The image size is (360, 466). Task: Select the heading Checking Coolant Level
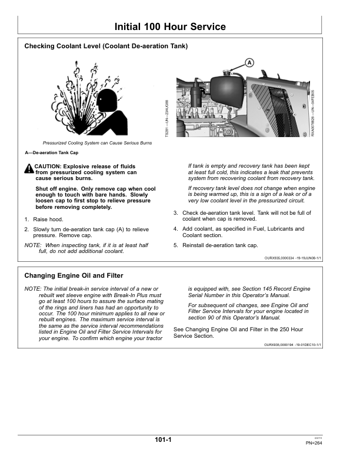point(106,46)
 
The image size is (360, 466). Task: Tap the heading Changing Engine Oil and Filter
point(74,275)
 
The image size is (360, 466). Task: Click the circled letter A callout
point(249,63)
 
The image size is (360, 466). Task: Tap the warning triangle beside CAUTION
point(29,169)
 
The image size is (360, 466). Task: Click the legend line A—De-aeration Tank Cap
point(51,153)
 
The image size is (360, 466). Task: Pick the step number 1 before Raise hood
point(26,219)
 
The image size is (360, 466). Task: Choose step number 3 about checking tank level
point(175,212)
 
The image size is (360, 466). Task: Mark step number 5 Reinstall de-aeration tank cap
point(175,245)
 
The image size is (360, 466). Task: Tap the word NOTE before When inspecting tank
point(32,245)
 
